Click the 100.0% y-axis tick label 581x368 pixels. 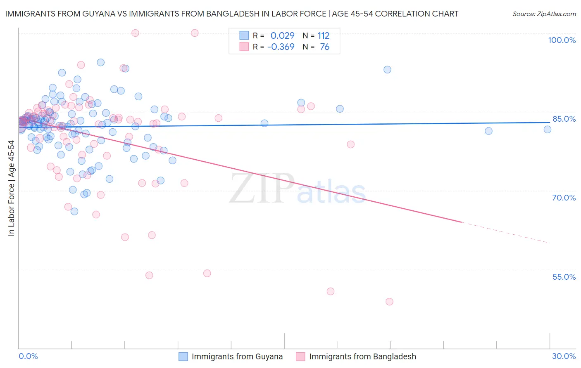click(x=562, y=40)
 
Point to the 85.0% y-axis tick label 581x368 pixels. click(x=564, y=119)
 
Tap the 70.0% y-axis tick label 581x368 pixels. click(x=564, y=198)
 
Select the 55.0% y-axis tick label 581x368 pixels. click(x=564, y=277)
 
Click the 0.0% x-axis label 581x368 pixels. click(x=28, y=356)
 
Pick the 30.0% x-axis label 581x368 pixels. click(x=564, y=356)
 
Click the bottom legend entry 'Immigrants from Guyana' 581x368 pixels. click(x=237, y=356)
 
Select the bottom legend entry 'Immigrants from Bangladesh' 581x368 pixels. click(x=362, y=356)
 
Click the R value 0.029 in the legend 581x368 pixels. click(x=282, y=35)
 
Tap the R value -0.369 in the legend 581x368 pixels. click(x=281, y=47)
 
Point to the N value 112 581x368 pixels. click(x=323, y=35)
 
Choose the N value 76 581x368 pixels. click(x=324, y=47)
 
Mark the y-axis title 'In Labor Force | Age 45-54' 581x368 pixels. click(x=11, y=188)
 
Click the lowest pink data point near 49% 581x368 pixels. click(x=389, y=302)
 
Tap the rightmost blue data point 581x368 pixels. click(x=548, y=130)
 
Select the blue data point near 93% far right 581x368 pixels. click(x=387, y=70)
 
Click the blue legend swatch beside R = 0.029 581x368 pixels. click(x=244, y=35)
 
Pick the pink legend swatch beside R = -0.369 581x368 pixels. click(x=244, y=47)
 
